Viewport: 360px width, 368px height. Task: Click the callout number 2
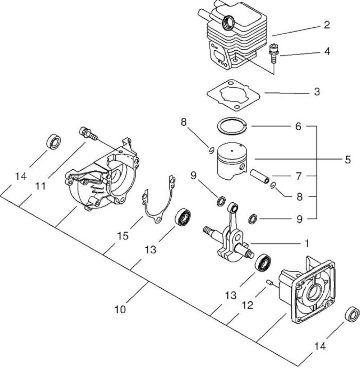point(327,25)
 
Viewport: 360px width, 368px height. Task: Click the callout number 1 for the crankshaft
point(306,244)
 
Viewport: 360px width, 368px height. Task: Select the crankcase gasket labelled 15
point(160,199)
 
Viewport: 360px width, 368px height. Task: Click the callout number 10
point(120,309)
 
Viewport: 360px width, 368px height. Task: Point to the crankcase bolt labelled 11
point(88,134)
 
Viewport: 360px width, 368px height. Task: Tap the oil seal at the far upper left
point(54,142)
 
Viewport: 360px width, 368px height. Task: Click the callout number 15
point(123,236)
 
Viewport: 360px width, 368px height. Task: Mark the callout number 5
point(348,160)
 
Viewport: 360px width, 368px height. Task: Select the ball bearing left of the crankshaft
point(183,217)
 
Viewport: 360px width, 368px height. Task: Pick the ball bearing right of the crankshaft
point(263,263)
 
